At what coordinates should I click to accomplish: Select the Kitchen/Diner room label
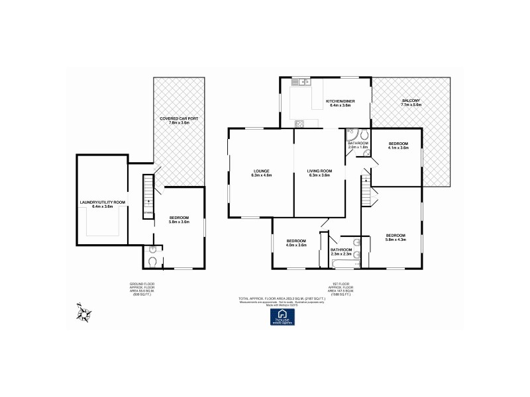click(x=341, y=101)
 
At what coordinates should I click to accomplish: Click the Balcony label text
click(x=411, y=101)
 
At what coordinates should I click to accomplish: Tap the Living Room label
click(x=319, y=171)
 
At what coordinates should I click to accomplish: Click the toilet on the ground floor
click(x=153, y=263)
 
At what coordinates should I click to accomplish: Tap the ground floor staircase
click(x=148, y=197)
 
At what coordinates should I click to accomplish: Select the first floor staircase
click(x=366, y=196)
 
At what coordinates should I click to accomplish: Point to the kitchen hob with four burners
click(x=299, y=123)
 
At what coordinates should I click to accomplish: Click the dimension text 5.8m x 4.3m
click(x=396, y=240)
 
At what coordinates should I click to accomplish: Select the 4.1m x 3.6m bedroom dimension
click(x=398, y=148)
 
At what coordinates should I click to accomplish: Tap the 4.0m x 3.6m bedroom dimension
click(x=296, y=245)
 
